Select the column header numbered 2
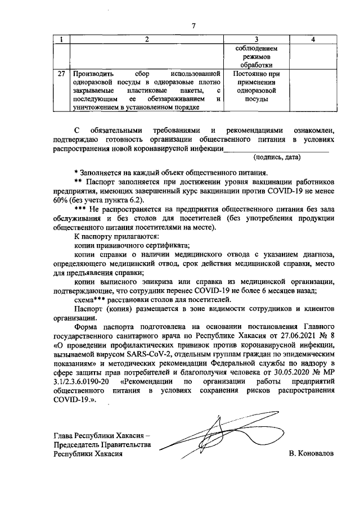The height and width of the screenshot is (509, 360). pyautogui.click(x=147, y=39)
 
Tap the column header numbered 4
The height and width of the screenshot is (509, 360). pyautogui.click(x=312, y=39)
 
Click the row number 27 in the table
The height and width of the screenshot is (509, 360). pyautogui.click(x=62, y=74)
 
